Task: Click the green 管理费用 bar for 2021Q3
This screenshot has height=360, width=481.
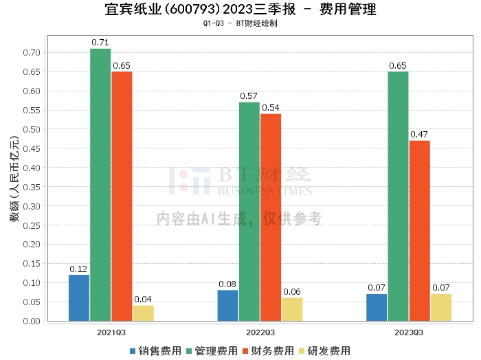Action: (100, 184)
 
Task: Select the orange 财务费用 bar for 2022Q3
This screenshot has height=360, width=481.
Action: (271, 217)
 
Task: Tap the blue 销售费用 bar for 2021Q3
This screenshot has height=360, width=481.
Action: (79, 297)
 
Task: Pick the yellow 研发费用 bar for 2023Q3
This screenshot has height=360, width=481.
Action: (441, 307)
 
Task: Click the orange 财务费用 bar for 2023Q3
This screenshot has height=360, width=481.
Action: (420, 230)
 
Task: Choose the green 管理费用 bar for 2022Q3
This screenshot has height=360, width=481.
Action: (249, 211)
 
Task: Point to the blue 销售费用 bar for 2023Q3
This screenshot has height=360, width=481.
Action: (377, 307)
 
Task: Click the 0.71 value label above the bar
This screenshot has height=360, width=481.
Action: (100, 43)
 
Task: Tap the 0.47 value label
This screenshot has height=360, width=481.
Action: (420, 135)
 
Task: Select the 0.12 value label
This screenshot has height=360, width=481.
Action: (79, 269)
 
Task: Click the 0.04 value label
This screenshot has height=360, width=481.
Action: (143, 300)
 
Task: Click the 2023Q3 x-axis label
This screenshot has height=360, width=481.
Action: (408, 333)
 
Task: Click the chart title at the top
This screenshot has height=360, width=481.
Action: (240, 10)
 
